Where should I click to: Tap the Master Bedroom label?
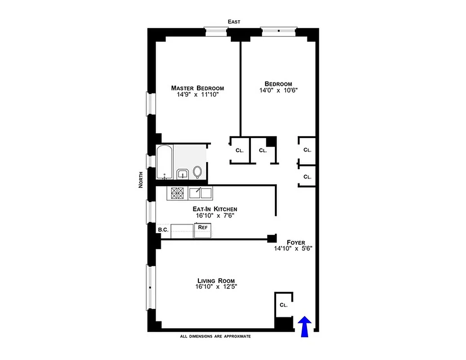[x=197, y=88]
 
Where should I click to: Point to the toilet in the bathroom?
[x=197, y=171]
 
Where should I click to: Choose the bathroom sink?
[x=182, y=174]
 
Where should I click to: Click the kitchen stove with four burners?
[x=176, y=193]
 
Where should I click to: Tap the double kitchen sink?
[x=201, y=193]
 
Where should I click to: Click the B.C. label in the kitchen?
[x=162, y=229]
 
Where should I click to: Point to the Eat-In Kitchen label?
[x=215, y=209]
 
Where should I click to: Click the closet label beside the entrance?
[x=283, y=305]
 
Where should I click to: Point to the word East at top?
[x=234, y=22]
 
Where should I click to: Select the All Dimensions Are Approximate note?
[x=215, y=336]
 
